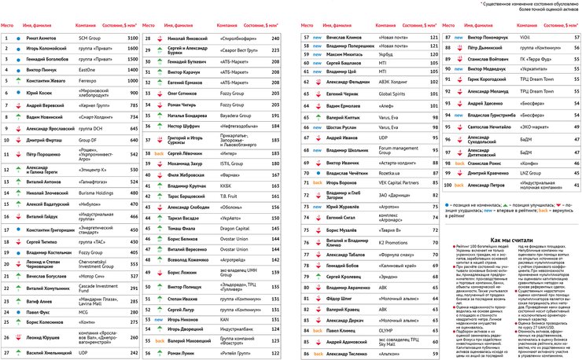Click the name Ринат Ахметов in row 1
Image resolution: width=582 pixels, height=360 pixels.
click(42, 38)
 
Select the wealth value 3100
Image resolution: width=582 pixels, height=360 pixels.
click(133, 38)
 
